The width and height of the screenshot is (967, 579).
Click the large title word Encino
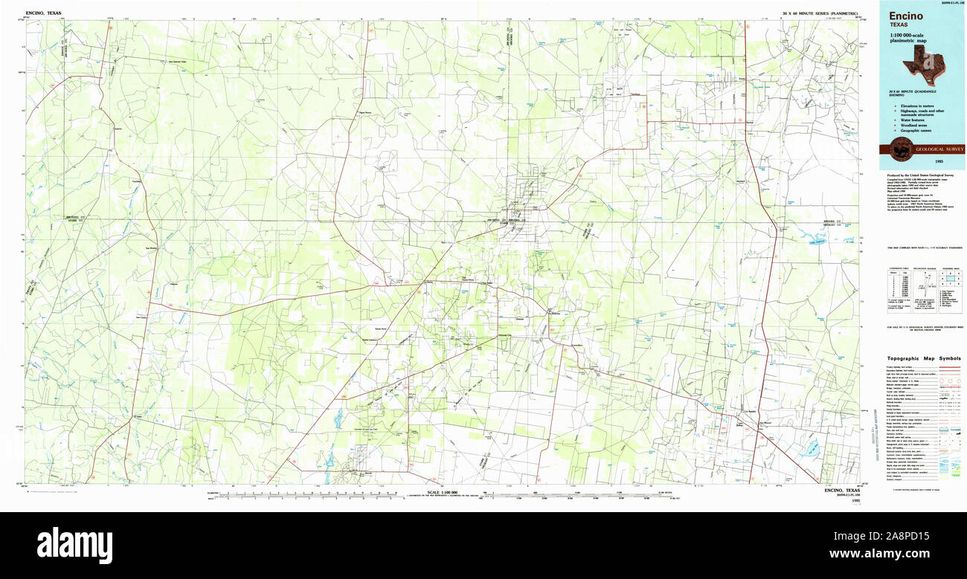[x=905, y=16]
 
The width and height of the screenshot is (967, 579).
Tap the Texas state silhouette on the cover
[x=922, y=65]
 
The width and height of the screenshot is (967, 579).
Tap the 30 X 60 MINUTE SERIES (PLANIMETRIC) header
[x=820, y=14]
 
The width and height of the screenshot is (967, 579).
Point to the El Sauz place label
[x=138, y=417]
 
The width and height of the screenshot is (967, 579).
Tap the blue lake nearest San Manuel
[x=809, y=448]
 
